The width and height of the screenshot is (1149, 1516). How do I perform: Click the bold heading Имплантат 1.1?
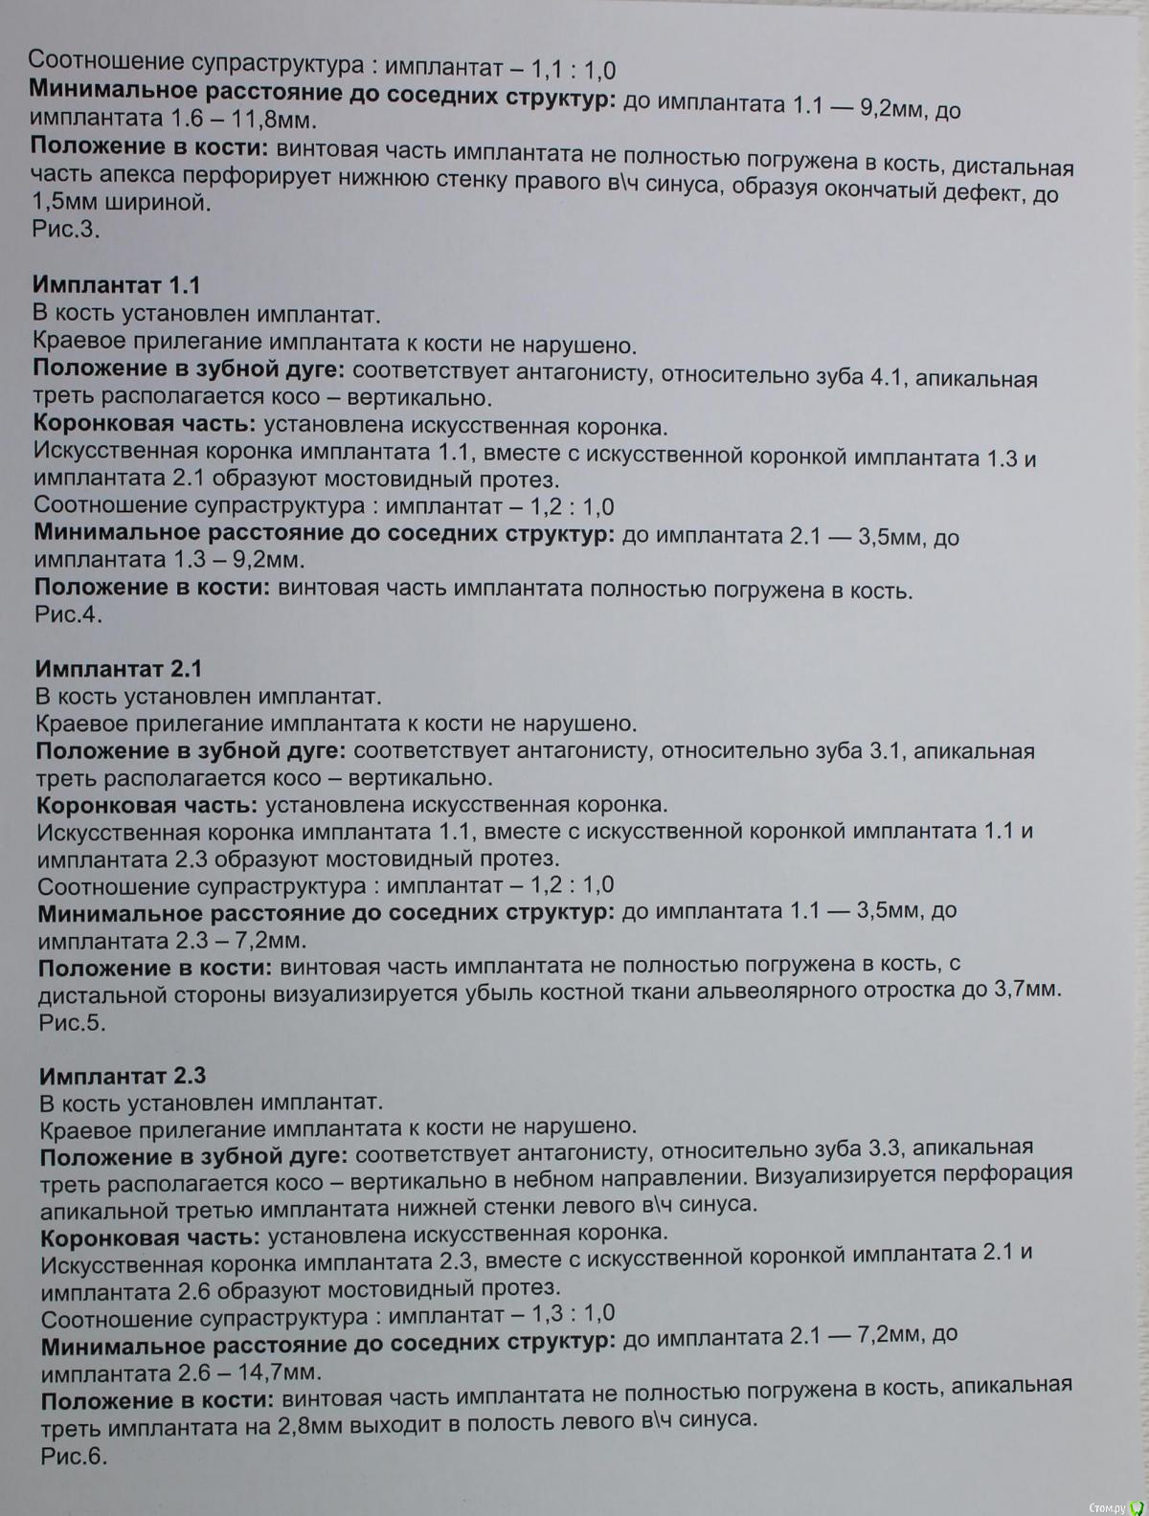click(x=116, y=285)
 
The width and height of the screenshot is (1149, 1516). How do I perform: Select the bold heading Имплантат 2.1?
click(x=119, y=668)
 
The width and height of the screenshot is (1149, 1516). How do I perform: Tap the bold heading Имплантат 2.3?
click(x=123, y=1075)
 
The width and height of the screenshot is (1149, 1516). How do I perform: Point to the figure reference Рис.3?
click(x=65, y=231)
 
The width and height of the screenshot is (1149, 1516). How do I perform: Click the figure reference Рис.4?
click(x=68, y=614)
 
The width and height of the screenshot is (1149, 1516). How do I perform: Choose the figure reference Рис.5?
click(x=72, y=1022)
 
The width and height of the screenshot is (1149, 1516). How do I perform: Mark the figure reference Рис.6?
click(x=74, y=1456)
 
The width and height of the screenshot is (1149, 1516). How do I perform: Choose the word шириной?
click(x=153, y=203)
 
